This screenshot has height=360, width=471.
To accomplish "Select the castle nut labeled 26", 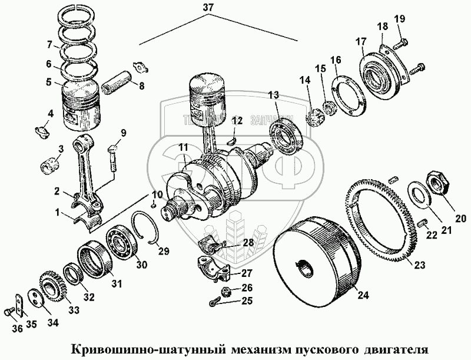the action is [225, 290].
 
